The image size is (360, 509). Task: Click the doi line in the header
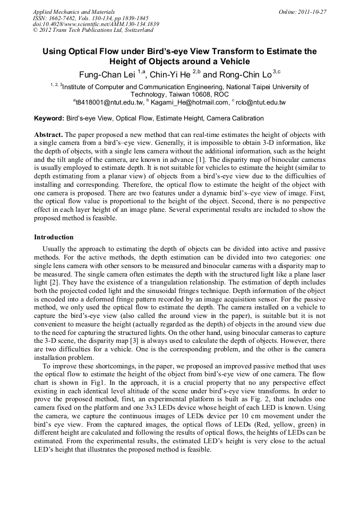[x=96, y=24]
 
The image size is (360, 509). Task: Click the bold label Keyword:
[x=49, y=118]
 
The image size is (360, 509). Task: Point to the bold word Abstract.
[x=48, y=135]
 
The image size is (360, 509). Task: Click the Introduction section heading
[x=54, y=237]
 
